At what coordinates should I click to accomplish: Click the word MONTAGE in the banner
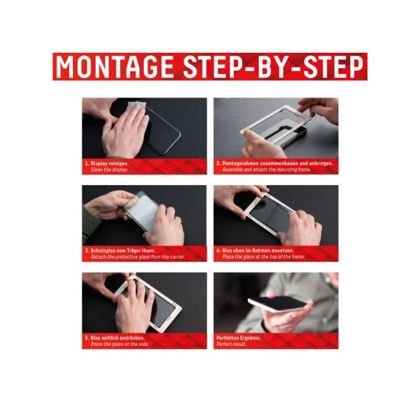point(115,67)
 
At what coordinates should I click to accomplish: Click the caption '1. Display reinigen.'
point(107,163)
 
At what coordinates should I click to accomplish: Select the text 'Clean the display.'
point(109,170)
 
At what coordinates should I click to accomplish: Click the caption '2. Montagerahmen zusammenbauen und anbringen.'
point(275,163)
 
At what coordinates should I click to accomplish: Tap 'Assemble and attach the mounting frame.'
point(267,170)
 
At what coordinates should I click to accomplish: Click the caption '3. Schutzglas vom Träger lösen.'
point(120,251)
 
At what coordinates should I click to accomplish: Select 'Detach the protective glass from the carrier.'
point(138,257)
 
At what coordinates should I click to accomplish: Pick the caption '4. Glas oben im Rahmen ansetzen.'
point(255,251)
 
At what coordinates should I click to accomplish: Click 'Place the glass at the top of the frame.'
point(263,257)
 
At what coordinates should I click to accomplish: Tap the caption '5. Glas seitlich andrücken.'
point(115,338)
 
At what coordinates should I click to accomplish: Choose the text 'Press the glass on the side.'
point(120,345)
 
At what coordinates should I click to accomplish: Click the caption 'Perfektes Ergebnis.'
point(239,338)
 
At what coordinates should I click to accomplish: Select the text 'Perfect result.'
point(231,345)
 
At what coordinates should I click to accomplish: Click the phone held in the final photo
point(278,304)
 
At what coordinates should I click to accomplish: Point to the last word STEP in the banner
point(334,67)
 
